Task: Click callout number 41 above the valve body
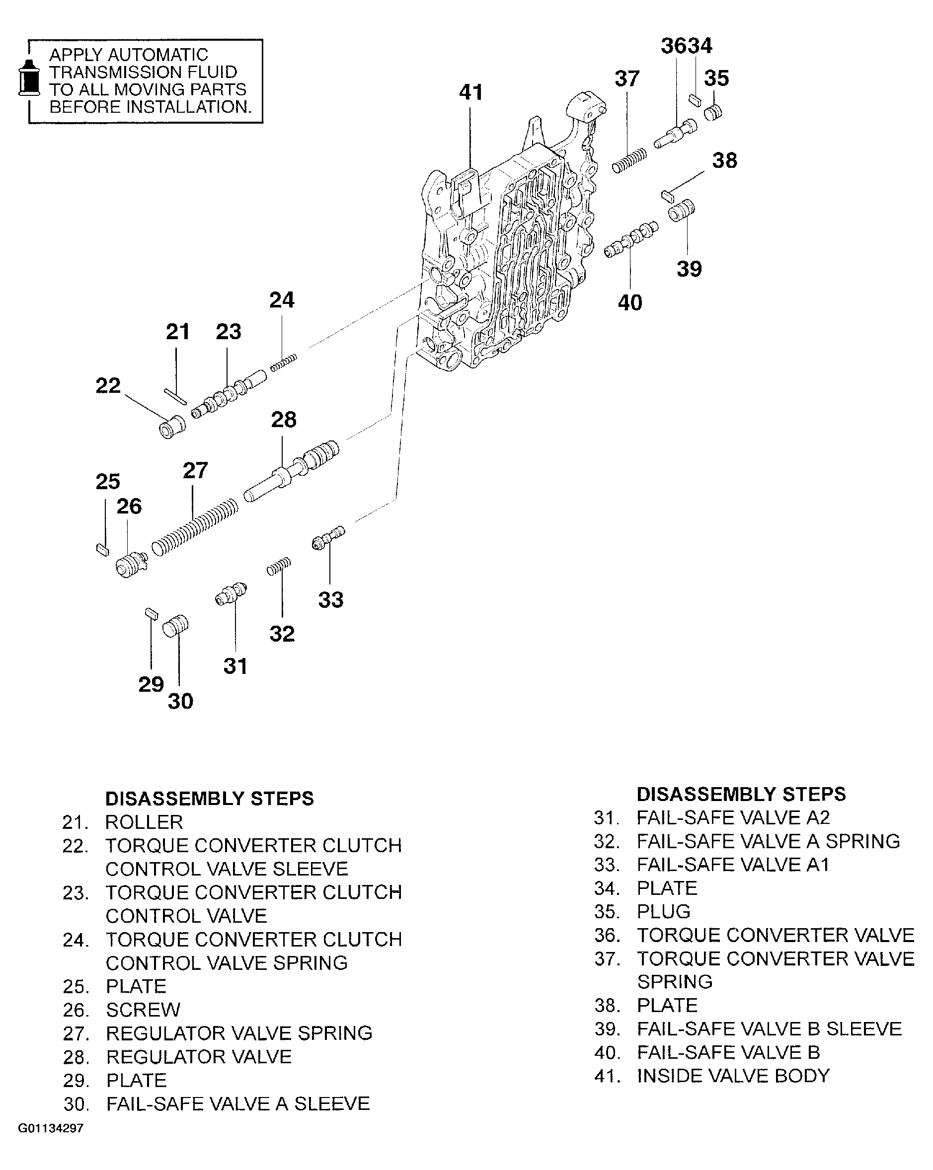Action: pos(470,92)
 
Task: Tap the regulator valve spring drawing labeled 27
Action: pos(194,527)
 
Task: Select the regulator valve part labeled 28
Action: pos(292,472)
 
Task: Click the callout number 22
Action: pos(107,386)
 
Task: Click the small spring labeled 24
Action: pos(283,362)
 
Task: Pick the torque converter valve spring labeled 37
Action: pos(629,160)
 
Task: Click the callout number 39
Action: pos(689,269)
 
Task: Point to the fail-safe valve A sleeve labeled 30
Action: pos(176,626)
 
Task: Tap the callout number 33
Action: pos(330,600)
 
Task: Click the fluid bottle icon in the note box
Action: pos(29,78)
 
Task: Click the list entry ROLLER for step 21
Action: pos(144,822)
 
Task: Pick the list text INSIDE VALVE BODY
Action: pos(733,1076)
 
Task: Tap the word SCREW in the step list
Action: pos(143,1010)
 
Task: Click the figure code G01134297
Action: pos(51,1129)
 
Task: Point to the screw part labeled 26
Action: pos(131,566)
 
